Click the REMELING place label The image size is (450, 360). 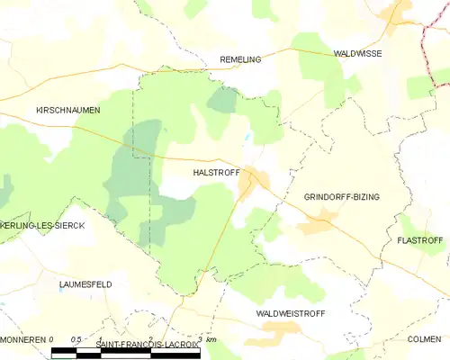(240, 59)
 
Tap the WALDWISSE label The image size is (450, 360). (357, 54)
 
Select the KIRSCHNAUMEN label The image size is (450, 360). (67, 110)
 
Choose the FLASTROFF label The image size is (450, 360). (420, 241)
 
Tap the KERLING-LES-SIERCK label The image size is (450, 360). (42, 225)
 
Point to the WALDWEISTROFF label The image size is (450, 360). (291, 313)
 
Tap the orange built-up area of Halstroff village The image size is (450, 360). (248, 183)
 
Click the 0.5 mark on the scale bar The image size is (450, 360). (76, 340)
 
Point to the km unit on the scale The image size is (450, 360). (211, 340)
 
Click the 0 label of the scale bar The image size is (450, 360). (52, 340)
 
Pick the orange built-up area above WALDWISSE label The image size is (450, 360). (393, 13)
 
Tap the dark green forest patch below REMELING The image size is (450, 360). (222, 99)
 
